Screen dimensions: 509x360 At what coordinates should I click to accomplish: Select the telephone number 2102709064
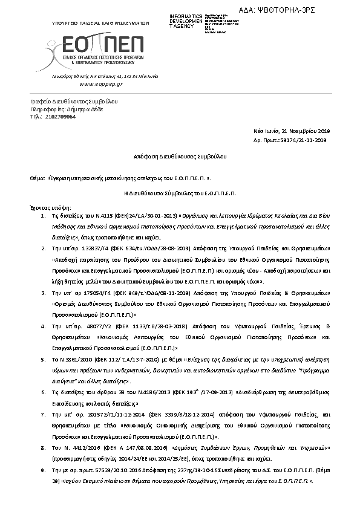[61, 117]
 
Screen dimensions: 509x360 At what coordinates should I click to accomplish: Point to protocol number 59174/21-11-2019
[305, 140]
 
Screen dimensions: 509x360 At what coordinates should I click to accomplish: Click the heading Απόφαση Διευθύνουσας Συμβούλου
[180, 156]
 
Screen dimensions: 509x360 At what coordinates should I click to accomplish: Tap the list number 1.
[41, 215]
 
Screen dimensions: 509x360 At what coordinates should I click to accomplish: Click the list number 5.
[41, 359]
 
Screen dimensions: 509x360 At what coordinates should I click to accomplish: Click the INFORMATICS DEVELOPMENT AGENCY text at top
[186, 21]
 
